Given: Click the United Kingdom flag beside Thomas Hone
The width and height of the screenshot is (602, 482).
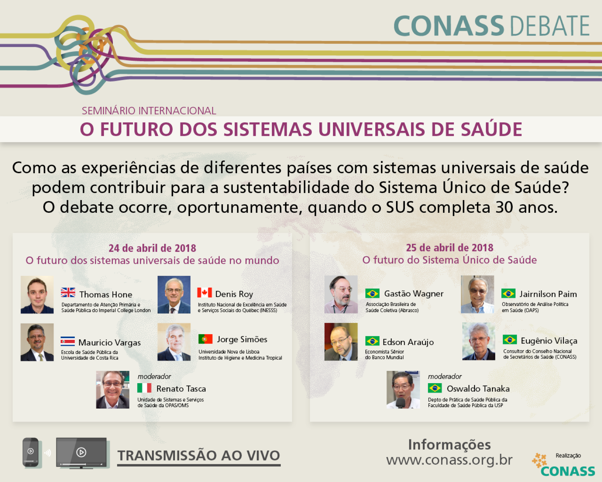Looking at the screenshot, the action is click(x=68, y=293).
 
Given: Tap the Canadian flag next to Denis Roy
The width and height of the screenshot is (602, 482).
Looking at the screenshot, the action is click(x=205, y=293).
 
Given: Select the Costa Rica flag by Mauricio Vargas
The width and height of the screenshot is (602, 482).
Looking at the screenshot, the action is click(x=68, y=341).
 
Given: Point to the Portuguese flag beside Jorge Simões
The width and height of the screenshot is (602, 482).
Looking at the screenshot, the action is click(x=206, y=339).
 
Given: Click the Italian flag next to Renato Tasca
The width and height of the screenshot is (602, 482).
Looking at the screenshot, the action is click(x=144, y=388).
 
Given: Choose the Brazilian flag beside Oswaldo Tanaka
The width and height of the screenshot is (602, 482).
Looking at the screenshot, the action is click(x=435, y=388).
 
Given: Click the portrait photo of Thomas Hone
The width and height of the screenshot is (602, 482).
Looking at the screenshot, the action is click(x=37, y=295).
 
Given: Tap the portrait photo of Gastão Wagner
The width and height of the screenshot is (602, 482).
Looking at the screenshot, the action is click(x=341, y=294).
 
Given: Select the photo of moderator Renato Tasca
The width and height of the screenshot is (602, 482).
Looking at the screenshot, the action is click(x=113, y=390).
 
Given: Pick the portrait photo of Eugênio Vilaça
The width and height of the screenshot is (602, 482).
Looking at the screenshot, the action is click(x=479, y=341).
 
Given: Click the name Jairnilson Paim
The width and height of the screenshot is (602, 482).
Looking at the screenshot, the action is click(x=548, y=294).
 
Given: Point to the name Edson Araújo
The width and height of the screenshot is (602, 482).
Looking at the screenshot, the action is click(x=408, y=342).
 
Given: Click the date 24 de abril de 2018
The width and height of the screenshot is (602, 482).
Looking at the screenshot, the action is click(x=152, y=248).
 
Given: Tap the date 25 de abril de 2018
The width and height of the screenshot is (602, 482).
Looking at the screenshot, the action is click(x=450, y=248).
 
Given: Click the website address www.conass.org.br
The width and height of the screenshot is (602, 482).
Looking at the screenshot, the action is click(x=449, y=460).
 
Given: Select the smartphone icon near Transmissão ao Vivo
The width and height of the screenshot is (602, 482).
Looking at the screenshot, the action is click(x=31, y=452).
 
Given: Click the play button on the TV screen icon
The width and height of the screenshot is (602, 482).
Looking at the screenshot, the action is click(x=81, y=452).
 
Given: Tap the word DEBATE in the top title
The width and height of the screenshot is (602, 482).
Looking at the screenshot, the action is click(x=550, y=26).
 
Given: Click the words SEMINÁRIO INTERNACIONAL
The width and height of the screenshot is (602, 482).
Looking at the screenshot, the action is click(x=149, y=111).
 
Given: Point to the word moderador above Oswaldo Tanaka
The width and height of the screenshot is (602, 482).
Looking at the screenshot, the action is click(x=445, y=376).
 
